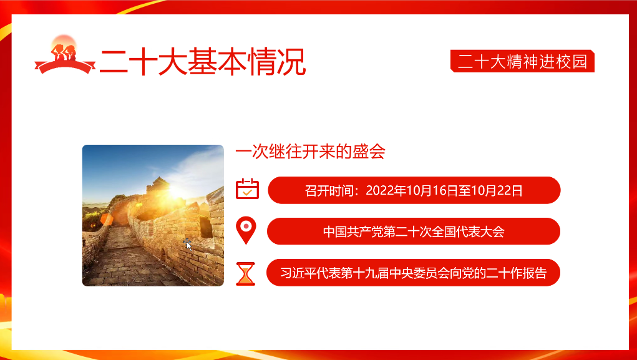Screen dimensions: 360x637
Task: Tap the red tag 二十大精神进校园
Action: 522,61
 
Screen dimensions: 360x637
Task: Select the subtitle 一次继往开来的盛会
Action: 310,152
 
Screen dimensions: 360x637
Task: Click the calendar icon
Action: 247,188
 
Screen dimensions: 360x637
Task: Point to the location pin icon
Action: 247,230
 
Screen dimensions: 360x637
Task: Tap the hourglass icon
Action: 246,273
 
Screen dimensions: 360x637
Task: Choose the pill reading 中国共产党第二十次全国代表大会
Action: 413,231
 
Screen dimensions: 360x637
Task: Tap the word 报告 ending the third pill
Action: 535,273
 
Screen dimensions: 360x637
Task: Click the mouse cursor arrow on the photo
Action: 188,245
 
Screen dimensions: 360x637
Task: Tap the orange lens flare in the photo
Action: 106,218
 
